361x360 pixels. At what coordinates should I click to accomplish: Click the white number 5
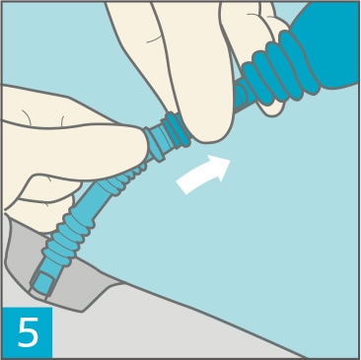(28, 332)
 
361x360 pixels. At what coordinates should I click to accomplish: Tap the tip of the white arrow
(230, 160)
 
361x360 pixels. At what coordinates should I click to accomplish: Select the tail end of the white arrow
(181, 186)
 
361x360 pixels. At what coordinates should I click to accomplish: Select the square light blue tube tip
(42, 283)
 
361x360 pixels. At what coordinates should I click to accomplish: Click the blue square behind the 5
(27, 332)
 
